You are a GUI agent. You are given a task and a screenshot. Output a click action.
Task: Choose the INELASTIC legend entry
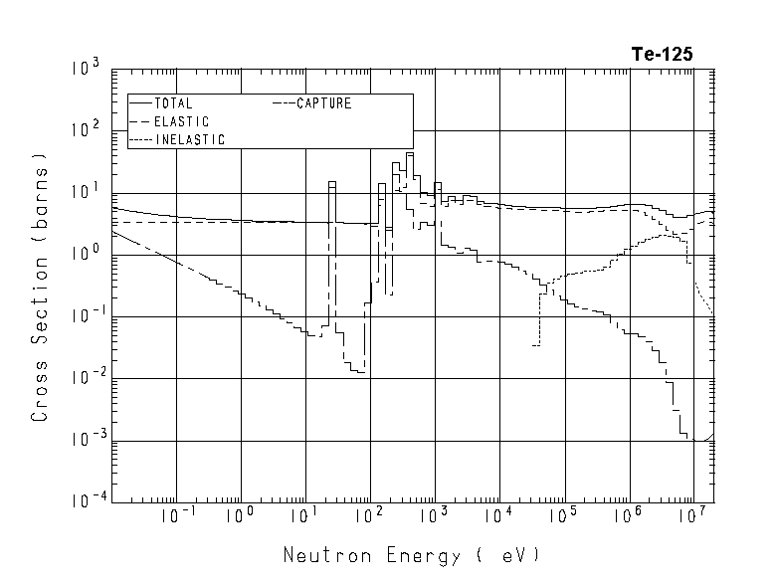189,140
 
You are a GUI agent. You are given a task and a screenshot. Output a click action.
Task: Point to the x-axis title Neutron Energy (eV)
412,555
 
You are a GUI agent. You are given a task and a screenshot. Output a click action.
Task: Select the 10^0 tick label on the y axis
85,256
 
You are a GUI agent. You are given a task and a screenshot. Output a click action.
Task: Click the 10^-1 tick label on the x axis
175,517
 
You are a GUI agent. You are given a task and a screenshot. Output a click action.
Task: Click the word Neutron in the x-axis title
320,555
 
